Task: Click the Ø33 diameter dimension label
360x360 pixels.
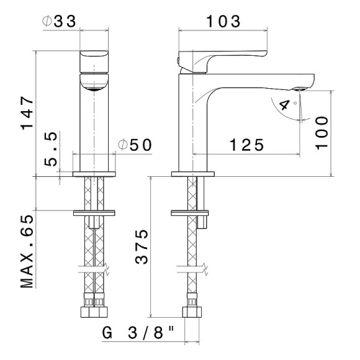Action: [59, 21]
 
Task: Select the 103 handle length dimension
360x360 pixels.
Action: [223, 21]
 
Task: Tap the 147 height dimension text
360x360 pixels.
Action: [27, 113]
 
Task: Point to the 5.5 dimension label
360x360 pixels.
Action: [50, 149]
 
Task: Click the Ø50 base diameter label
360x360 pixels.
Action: [135, 145]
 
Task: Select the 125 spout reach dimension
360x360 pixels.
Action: [246, 145]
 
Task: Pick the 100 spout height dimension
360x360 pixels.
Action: [322, 133]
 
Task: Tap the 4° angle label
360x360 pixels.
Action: [287, 104]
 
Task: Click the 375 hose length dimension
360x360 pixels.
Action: [142, 247]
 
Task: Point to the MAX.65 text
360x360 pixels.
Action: [27, 251]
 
